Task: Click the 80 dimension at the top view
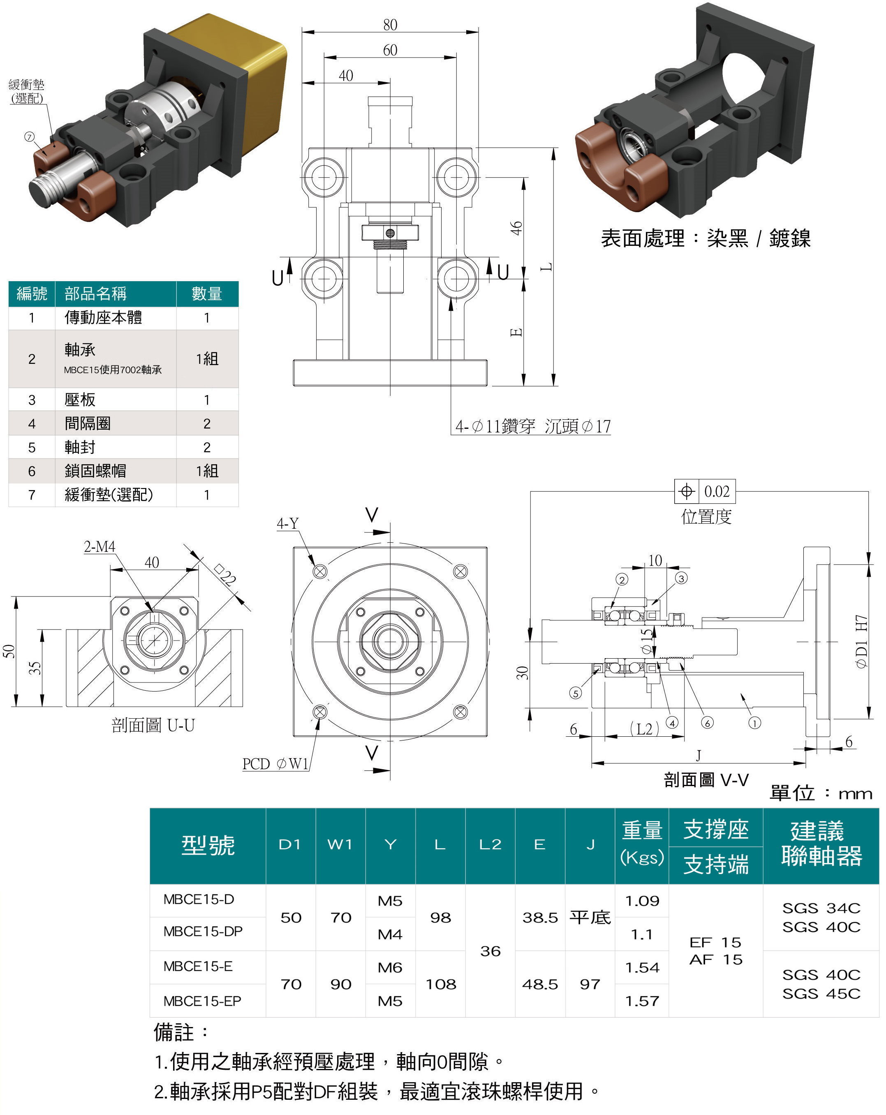pyautogui.click(x=390, y=25)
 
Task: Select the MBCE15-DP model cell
pyautogui.click(x=202, y=931)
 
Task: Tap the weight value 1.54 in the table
pyautogui.click(x=642, y=967)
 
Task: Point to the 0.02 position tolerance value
pyautogui.click(x=716, y=491)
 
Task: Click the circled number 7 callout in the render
pyautogui.click(x=30, y=137)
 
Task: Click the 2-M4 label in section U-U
pyautogui.click(x=99, y=547)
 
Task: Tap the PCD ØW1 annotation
pyautogui.click(x=275, y=764)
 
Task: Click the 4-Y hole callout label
pyautogui.click(x=287, y=523)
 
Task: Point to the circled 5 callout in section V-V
pyautogui.click(x=575, y=693)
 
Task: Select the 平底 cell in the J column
pyautogui.click(x=590, y=917)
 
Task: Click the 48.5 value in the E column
pyautogui.click(x=539, y=984)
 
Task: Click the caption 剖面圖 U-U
pyautogui.click(x=153, y=725)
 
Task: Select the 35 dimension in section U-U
pyautogui.click(x=34, y=668)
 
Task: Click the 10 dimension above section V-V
pyautogui.click(x=655, y=561)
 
